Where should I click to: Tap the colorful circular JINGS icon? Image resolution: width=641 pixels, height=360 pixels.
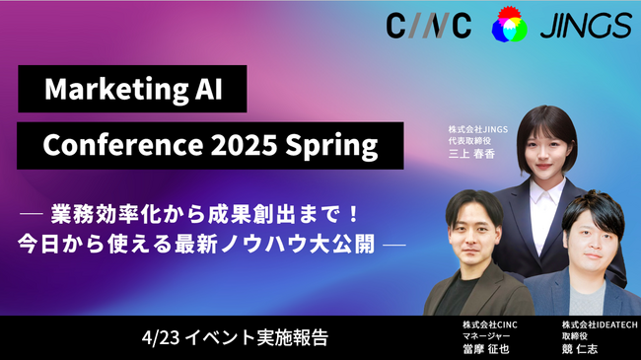tap(509, 25)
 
